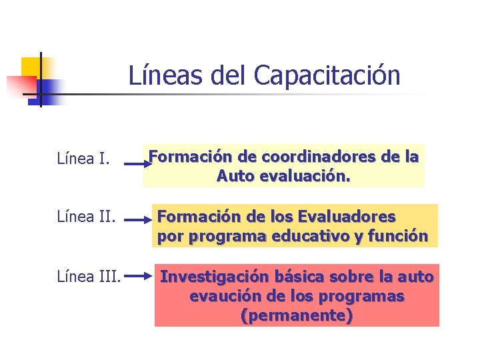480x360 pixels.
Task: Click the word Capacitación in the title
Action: pyautogui.click(x=327, y=75)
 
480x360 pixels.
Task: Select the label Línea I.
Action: pyautogui.click(x=83, y=159)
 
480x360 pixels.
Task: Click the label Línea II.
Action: pyautogui.click(x=86, y=217)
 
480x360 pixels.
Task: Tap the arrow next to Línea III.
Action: pyautogui.click(x=139, y=274)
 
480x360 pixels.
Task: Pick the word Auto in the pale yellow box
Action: pyautogui.click(x=236, y=177)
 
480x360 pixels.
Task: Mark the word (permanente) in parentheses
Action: pyautogui.click(x=297, y=315)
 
